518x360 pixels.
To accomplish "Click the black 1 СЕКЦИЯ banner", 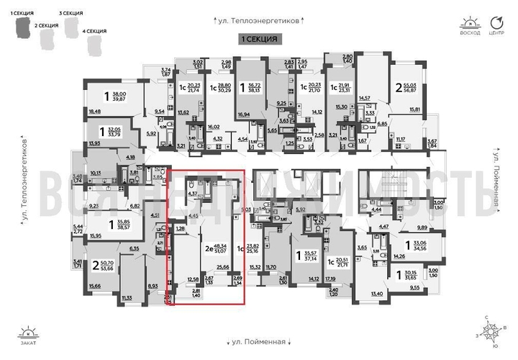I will [x=259, y=38].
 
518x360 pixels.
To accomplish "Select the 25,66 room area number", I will [x=222, y=266].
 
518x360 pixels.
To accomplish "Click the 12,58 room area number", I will [x=192, y=279].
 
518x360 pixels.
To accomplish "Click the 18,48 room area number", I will [x=94, y=112].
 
